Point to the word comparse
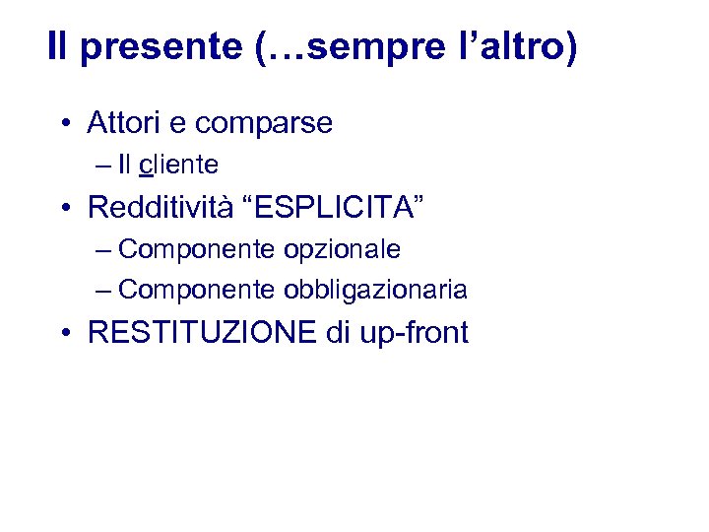tap(264, 125)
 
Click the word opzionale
tap(342, 250)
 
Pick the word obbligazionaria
tap(375, 291)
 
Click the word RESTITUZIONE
tap(202, 333)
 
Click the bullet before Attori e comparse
tap(63, 125)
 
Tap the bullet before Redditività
tap(63, 209)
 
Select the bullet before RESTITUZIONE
tap(63, 334)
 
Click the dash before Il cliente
tap(104, 164)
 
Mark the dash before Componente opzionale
tap(104, 250)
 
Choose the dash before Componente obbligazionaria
tap(104, 291)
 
